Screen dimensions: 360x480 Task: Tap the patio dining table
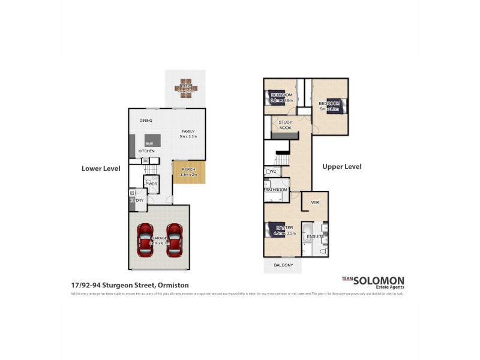[186, 88]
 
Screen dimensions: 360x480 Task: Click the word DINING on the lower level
[146, 121]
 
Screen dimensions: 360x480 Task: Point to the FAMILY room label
[188, 131]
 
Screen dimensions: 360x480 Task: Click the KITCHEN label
[147, 151]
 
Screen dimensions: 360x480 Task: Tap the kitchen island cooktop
[149, 141]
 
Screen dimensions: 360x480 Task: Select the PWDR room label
[151, 184]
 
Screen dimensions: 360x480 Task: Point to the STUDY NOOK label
[285, 125]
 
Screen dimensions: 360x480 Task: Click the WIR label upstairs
[315, 203]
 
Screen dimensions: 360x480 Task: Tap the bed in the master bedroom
[273, 230]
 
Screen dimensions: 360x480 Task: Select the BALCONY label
[283, 265]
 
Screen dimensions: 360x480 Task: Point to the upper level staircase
[282, 158]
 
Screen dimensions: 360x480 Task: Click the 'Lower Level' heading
[101, 169]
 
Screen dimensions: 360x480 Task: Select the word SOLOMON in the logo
[379, 280]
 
